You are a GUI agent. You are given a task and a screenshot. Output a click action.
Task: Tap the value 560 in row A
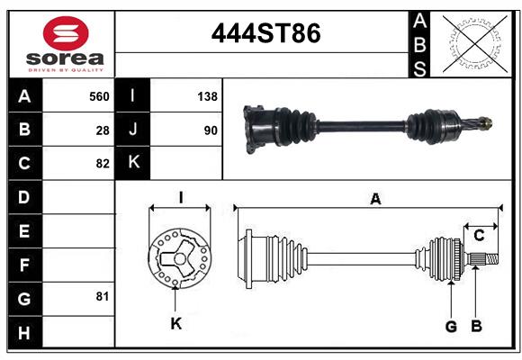98,95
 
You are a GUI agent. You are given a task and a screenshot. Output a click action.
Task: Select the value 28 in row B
103,130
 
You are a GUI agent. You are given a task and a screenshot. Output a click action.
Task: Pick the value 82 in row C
103,164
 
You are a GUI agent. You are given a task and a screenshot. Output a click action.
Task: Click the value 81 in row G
103,296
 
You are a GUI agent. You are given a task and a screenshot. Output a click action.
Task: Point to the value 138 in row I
207,95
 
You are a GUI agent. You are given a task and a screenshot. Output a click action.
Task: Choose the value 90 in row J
210,130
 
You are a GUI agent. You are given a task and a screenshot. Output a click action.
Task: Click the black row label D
24,197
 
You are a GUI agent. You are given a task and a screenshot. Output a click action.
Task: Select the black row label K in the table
133,163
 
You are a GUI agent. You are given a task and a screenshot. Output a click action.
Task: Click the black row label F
24,265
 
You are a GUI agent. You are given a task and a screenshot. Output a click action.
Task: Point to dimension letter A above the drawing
375,200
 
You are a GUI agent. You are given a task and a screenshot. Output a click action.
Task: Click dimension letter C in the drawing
480,236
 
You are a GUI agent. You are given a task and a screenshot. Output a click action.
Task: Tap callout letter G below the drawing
451,326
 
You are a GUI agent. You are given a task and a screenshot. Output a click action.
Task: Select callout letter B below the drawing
477,326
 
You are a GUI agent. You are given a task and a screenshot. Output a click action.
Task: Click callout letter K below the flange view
176,323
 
